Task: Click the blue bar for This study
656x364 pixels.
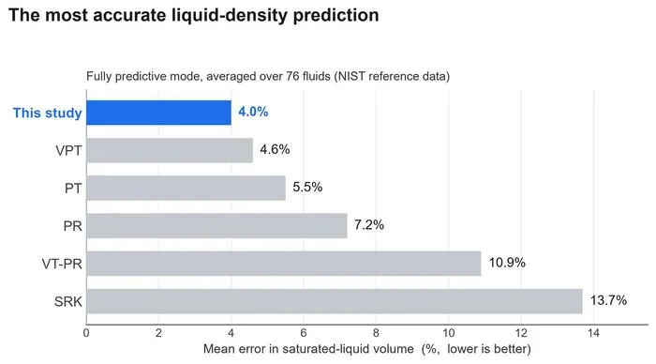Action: click(158, 113)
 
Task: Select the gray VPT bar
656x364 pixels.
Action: click(170, 150)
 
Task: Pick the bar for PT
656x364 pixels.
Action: click(186, 188)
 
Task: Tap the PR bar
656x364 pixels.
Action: click(216, 226)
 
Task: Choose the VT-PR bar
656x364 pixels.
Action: click(284, 264)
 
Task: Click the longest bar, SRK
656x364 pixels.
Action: click(335, 301)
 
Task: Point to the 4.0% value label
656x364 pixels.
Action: click(253, 112)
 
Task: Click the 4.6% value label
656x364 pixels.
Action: click(275, 149)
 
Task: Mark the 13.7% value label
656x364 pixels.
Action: click(608, 300)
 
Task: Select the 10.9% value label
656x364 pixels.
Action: click(507, 263)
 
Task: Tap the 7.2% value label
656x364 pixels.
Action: click(369, 225)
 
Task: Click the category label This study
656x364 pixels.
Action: click(47, 114)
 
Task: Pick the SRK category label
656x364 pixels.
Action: click(68, 301)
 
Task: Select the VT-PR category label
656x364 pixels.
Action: click(62, 264)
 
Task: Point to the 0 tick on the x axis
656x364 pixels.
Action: click(86, 333)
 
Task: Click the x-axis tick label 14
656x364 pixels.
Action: click(593, 333)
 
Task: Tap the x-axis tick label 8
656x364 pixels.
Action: click(376, 333)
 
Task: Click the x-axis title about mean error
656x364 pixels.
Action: click(367, 349)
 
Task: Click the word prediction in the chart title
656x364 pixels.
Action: click(335, 16)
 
